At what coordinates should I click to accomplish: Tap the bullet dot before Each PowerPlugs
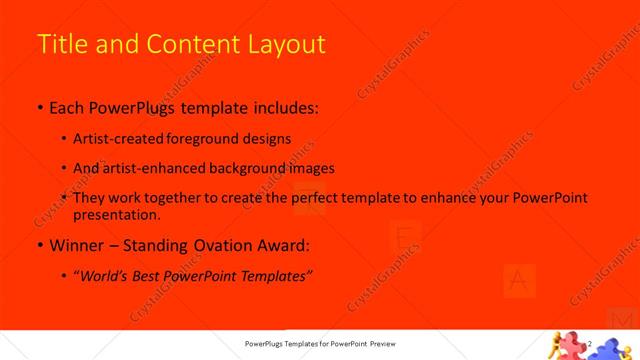[39, 107]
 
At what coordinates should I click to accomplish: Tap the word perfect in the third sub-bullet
[317, 198]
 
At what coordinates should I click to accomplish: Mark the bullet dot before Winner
[39, 245]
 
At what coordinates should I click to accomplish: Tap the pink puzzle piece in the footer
[569, 345]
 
